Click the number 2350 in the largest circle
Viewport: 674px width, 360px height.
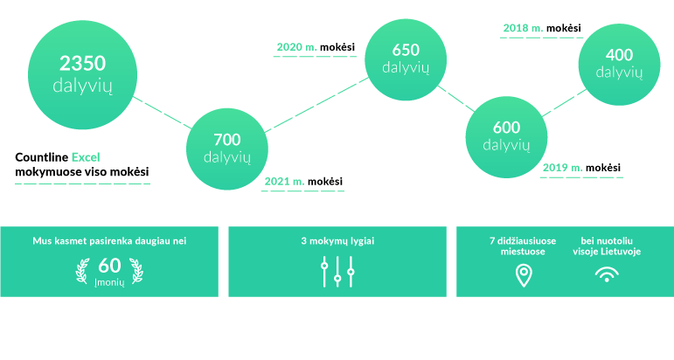[82, 63]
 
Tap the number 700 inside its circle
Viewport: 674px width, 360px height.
[227, 140]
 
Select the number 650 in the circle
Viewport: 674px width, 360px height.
[406, 50]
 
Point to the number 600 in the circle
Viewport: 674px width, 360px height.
[506, 128]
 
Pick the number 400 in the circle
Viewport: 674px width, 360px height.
[619, 54]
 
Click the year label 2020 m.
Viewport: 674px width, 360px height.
[296, 47]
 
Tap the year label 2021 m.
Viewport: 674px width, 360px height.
[285, 181]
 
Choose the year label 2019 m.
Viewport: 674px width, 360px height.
[563, 168]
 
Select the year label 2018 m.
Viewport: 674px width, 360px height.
[523, 28]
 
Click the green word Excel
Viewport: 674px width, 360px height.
[86, 157]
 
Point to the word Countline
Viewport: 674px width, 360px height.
[42, 157]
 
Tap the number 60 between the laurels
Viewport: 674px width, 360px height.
[109, 266]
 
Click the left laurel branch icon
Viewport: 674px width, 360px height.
[82, 271]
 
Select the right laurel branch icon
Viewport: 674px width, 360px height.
[136, 271]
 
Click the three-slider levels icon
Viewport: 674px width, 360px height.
[337, 272]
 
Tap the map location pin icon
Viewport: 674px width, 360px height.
[524, 275]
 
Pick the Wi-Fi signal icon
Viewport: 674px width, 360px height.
[607, 274]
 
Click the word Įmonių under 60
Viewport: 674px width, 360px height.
[109, 283]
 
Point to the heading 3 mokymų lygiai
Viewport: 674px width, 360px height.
[337, 241]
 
